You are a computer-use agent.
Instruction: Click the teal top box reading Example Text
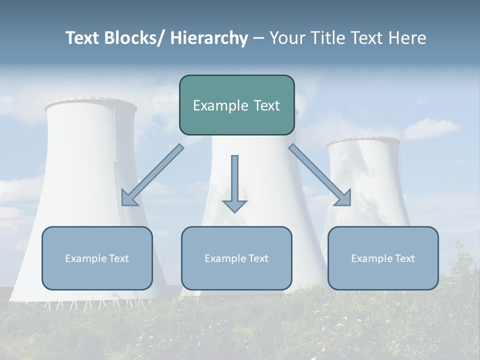point(236,105)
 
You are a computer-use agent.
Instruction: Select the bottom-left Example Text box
point(97,258)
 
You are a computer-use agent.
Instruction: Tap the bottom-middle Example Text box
point(236,258)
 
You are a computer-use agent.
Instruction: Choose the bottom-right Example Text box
point(383,258)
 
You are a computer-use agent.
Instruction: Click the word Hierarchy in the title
point(209,38)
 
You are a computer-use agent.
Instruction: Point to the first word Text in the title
point(83,38)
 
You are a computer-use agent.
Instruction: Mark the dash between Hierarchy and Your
point(258,38)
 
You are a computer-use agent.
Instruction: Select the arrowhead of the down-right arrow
point(343,198)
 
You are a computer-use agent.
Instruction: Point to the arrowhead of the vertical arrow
point(234,206)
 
